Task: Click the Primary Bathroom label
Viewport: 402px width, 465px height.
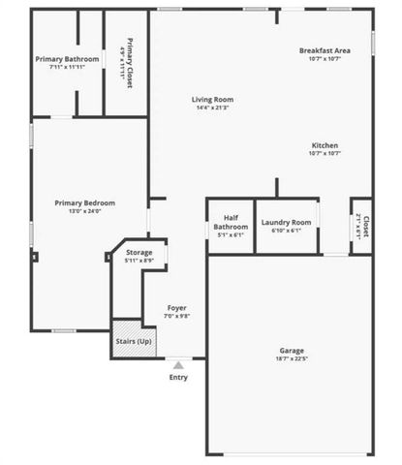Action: (68, 59)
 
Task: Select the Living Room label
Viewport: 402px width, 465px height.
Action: (212, 99)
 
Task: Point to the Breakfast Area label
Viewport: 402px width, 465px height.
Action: (325, 49)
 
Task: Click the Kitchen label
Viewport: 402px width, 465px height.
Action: (325, 144)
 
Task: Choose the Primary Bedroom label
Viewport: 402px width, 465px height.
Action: (84, 202)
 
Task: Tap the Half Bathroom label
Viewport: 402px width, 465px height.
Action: (231, 224)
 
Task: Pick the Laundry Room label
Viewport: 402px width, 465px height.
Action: (287, 222)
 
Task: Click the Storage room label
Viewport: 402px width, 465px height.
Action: (139, 252)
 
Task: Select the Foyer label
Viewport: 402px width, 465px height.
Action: (176, 308)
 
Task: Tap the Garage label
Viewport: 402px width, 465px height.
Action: (292, 350)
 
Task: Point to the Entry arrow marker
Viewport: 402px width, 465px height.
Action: (178, 365)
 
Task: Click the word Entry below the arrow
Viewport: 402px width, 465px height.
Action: (179, 377)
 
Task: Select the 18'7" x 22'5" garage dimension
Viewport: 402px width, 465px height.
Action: (292, 358)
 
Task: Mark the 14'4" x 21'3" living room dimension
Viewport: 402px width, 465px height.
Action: (212, 108)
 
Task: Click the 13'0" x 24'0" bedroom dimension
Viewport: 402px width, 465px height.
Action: (84, 211)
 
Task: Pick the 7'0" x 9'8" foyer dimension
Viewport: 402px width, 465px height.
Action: (176, 317)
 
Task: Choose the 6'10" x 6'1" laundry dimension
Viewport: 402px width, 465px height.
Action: (287, 231)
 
